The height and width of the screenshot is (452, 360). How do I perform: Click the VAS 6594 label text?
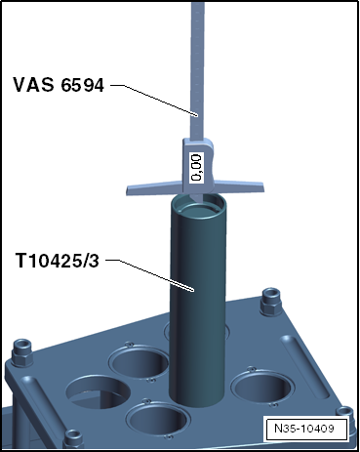[x=59, y=85]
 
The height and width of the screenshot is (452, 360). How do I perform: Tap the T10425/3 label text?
[x=58, y=261]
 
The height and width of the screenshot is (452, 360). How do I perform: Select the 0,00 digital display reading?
[x=196, y=167]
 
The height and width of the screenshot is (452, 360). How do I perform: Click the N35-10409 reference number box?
[x=304, y=428]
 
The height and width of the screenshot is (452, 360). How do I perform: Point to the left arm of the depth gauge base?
[x=154, y=189]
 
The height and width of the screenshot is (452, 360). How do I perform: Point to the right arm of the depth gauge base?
[x=237, y=186]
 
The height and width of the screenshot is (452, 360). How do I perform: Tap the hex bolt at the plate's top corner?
[x=270, y=301]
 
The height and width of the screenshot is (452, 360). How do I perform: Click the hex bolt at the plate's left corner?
[x=22, y=352]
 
